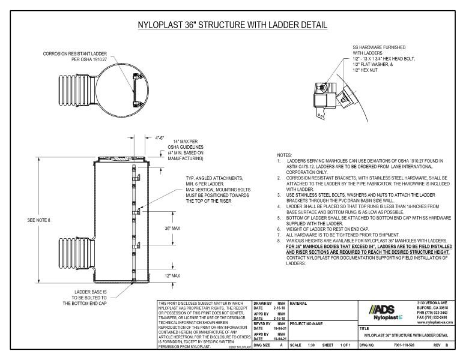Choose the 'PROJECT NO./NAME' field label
(310, 321)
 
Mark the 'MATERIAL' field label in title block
(300, 304)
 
